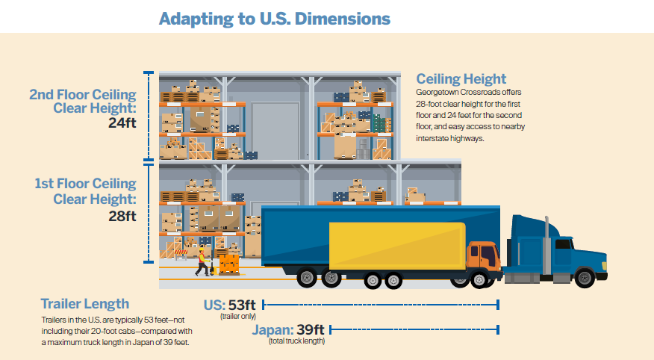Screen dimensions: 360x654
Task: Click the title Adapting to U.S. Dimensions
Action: tap(274, 18)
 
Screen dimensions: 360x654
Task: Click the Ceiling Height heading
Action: tap(461, 78)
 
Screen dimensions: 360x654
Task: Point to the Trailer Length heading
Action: tap(84, 304)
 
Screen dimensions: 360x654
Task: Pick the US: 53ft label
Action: tap(230, 305)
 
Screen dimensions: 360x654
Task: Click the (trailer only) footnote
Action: tap(238, 317)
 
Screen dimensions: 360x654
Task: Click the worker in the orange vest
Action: tap(202, 258)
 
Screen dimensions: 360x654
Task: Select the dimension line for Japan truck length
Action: tap(414, 329)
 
